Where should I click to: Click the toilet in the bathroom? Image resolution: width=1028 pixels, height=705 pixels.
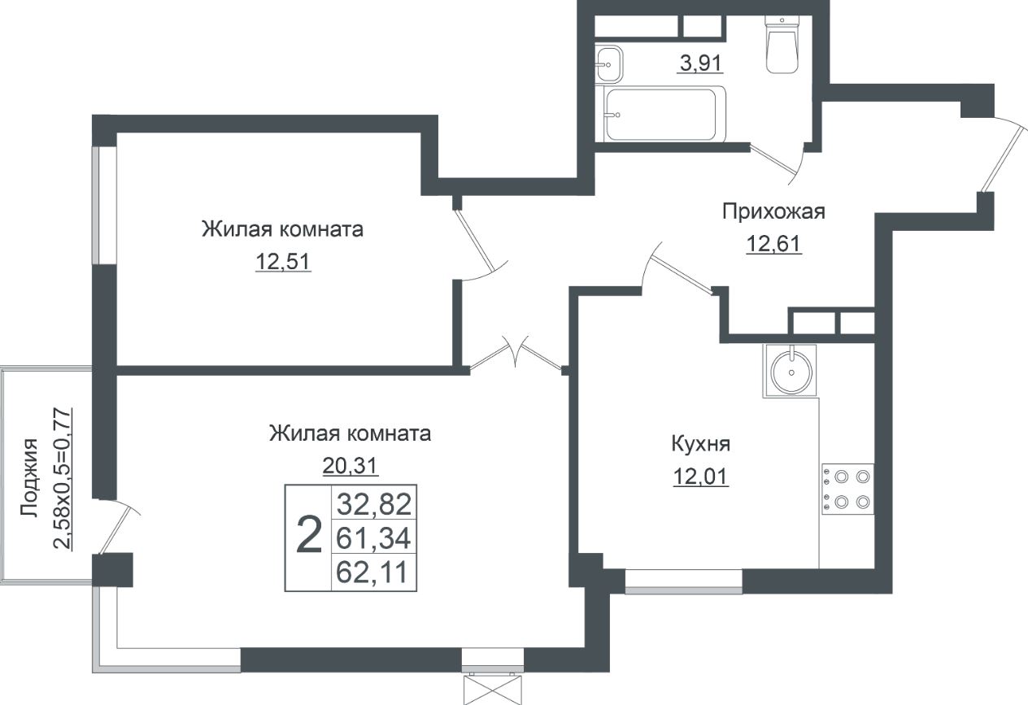point(782,47)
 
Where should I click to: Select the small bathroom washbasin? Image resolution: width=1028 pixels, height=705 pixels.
point(608,63)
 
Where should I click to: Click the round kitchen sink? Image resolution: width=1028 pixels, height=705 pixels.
point(789,372)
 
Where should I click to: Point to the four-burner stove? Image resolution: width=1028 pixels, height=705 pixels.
point(847,490)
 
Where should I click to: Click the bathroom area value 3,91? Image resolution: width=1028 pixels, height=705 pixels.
point(700,63)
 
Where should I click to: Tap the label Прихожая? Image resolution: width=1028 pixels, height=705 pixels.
point(773,212)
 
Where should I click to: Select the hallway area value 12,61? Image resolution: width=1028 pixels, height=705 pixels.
point(774,243)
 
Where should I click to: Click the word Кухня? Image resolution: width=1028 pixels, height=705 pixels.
point(700,445)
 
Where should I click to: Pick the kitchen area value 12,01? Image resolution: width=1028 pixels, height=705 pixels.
point(700,476)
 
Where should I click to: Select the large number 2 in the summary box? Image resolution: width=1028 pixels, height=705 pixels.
point(308,537)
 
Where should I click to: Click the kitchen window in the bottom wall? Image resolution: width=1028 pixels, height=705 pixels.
point(683,581)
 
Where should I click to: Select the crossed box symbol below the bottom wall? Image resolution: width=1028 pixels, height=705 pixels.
point(492,689)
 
